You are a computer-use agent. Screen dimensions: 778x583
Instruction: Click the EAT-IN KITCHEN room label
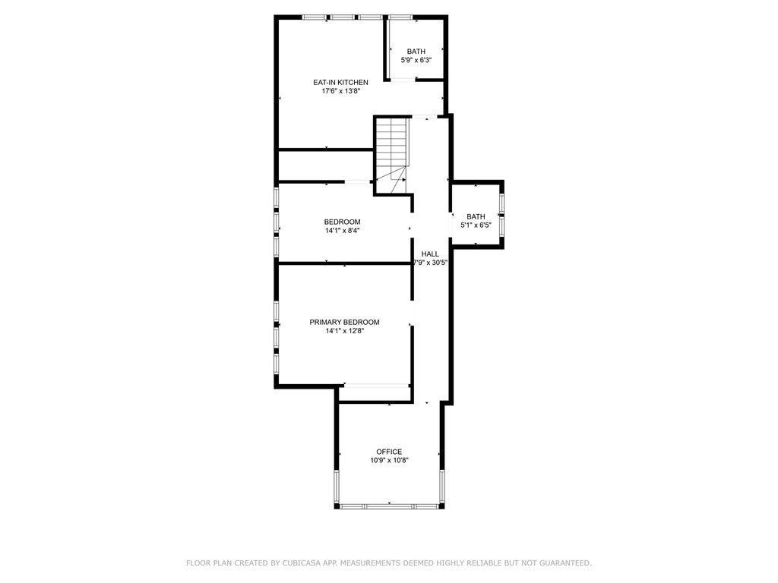[x=340, y=82]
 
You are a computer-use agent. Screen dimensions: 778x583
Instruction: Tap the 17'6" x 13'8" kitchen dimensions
[x=340, y=91]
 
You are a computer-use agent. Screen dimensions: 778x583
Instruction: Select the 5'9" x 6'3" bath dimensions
[x=416, y=60]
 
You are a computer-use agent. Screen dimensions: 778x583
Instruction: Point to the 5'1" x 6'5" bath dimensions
[x=476, y=225]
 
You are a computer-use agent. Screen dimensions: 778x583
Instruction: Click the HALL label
[x=430, y=254]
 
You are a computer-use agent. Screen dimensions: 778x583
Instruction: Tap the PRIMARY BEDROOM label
[x=344, y=322]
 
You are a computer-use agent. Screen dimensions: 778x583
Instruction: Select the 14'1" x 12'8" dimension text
[x=344, y=331]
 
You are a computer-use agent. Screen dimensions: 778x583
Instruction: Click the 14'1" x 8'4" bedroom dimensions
[x=343, y=231]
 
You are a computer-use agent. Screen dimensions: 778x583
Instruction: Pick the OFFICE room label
[x=389, y=452]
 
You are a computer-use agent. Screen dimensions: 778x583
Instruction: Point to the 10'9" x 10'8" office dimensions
[x=389, y=461]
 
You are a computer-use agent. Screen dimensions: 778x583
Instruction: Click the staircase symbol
[x=392, y=156]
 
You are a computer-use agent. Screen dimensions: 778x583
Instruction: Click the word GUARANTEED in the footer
[x=565, y=563]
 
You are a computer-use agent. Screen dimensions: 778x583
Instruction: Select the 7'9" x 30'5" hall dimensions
[x=431, y=263]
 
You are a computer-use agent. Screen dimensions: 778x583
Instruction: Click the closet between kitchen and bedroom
[x=325, y=165]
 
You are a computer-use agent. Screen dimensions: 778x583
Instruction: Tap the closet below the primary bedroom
[x=375, y=394]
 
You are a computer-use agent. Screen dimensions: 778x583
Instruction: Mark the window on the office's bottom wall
[x=390, y=506]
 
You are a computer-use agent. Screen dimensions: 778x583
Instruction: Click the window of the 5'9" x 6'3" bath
[x=400, y=18]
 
